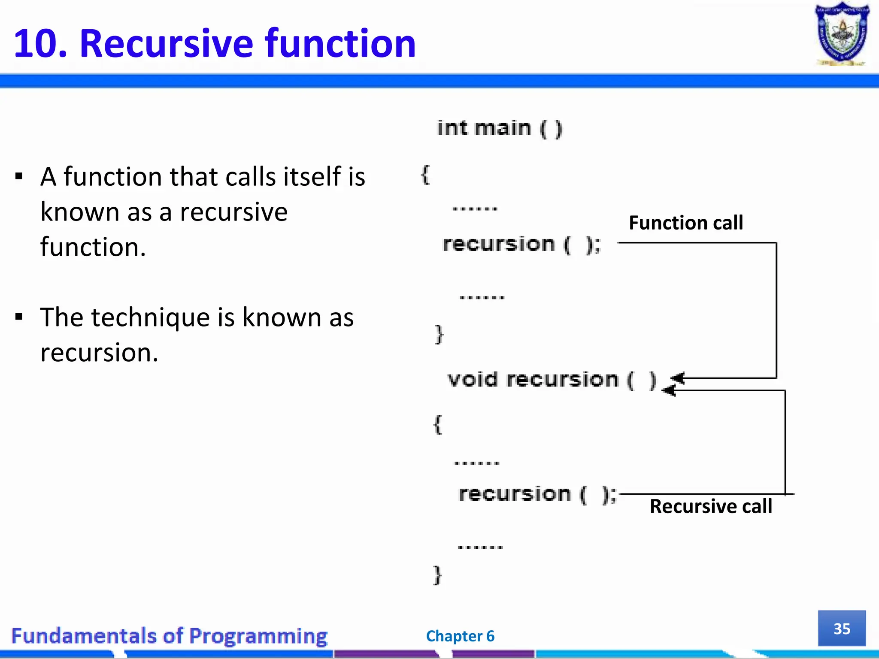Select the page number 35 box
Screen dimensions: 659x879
point(842,629)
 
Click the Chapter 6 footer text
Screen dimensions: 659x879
point(460,636)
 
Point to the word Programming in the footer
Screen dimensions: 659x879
point(258,636)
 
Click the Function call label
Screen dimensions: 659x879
point(686,223)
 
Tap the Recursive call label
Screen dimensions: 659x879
point(711,506)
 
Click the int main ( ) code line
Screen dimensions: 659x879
point(499,128)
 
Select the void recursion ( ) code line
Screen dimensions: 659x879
point(552,380)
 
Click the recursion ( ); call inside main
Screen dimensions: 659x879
point(521,245)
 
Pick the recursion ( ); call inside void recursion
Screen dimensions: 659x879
point(537,494)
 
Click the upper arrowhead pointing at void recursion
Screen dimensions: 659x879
point(677,378)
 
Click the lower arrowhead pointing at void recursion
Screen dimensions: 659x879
point(669,390)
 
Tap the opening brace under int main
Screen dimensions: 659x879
point(425,175)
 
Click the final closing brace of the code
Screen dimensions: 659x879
point(437,575)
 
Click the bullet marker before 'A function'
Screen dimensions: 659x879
point(18,176)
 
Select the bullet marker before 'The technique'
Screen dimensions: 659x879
point(18,317)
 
